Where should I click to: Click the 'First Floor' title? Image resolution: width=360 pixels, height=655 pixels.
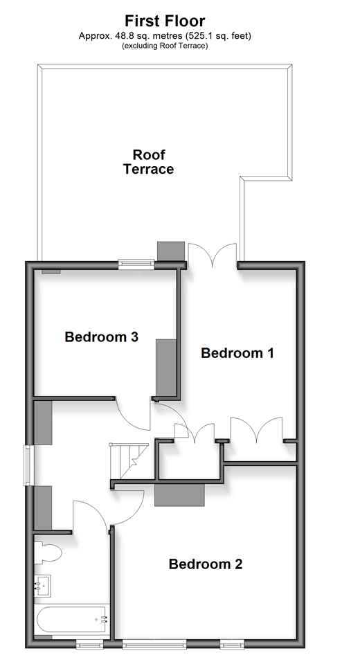165,21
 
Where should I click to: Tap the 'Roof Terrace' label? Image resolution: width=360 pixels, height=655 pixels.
149,161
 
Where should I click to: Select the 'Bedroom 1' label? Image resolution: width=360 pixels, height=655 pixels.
237,353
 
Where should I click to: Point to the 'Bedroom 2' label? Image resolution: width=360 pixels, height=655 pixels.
206,564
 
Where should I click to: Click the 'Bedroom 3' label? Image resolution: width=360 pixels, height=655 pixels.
102,337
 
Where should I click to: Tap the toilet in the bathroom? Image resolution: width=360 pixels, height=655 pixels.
48,553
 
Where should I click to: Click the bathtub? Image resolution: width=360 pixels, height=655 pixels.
72,620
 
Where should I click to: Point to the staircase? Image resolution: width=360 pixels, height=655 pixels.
129,461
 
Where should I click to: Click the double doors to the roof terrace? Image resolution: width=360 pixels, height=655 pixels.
213,255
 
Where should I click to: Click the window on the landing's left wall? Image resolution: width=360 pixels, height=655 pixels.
28,466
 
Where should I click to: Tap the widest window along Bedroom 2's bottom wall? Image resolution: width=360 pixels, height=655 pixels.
154,643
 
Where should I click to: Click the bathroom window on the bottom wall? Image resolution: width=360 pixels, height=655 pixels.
89,643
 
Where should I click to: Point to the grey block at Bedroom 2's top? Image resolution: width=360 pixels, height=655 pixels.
179,495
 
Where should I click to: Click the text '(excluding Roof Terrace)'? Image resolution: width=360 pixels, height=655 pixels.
165,46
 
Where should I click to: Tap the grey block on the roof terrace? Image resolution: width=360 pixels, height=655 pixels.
171,251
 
